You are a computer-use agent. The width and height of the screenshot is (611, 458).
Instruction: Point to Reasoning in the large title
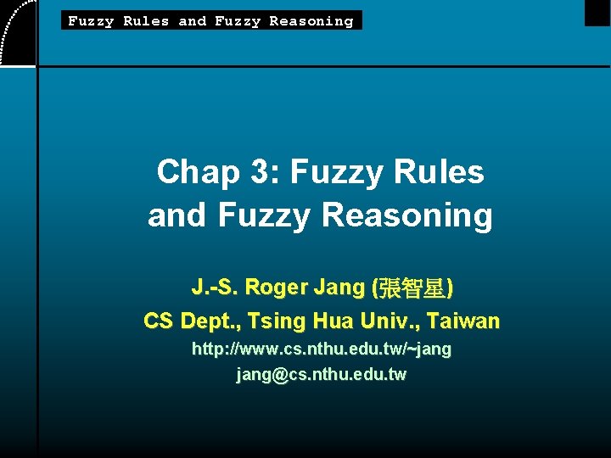coord(407,215)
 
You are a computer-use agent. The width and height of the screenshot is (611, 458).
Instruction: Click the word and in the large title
coord(178,215)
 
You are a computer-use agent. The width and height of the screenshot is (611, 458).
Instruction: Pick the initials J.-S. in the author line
coord(216,288)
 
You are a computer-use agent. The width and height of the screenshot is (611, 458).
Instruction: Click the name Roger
coord(277,288)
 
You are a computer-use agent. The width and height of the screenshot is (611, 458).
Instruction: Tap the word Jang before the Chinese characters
coord(339,288)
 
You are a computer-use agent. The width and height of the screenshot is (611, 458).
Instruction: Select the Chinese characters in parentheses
coord(412,288)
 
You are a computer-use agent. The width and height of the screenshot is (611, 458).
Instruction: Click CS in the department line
coord(159,321)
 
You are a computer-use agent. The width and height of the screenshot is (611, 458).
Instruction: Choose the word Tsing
coord(274,321)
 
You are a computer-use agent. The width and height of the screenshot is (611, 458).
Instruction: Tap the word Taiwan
coord(463,321)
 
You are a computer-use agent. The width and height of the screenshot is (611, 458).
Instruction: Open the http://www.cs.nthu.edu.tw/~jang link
coord(322,349)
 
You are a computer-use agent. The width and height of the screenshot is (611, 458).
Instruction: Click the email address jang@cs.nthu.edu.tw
coord(322,374)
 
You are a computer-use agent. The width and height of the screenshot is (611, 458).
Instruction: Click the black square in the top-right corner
coord(597,12)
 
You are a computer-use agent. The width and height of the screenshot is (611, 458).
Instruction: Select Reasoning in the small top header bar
coord(311,20)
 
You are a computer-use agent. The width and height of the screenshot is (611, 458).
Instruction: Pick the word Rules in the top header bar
coord(146,20)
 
